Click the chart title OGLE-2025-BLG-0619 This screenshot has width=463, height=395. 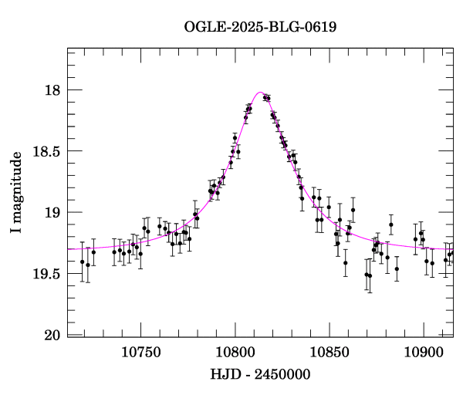260,27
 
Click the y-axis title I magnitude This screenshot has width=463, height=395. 16,193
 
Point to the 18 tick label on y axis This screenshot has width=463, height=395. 52,90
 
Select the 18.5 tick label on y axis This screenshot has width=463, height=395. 46,151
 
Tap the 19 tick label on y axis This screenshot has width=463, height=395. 52,212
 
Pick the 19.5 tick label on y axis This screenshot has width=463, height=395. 46,274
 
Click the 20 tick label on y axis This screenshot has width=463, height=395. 52,335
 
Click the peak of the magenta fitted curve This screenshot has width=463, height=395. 260,93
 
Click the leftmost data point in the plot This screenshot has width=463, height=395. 83,262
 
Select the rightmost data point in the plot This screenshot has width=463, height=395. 452,253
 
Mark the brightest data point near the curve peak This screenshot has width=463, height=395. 265,97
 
